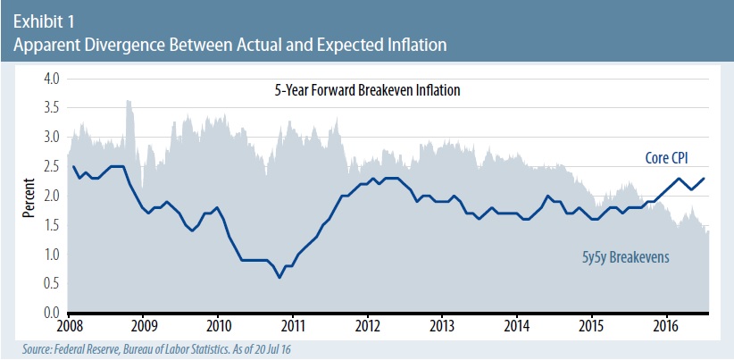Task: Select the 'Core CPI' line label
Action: [671, 158]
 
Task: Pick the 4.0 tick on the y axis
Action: [51, 79]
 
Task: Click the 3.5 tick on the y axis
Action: [51, 108]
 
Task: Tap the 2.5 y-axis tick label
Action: [51, 167]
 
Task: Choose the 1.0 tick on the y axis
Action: [51, 255]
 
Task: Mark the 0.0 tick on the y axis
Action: [51, 314]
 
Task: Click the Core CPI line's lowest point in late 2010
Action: [279, 278]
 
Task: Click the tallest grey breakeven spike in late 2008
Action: [129, 102]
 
